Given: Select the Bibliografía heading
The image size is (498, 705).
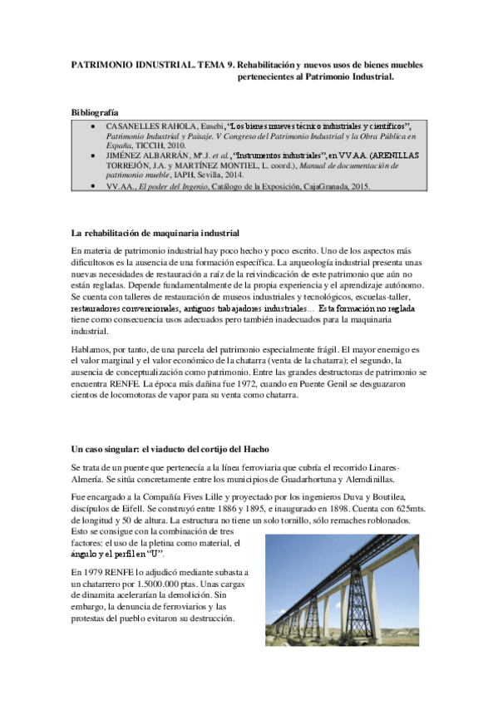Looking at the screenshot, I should pos(95,111).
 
